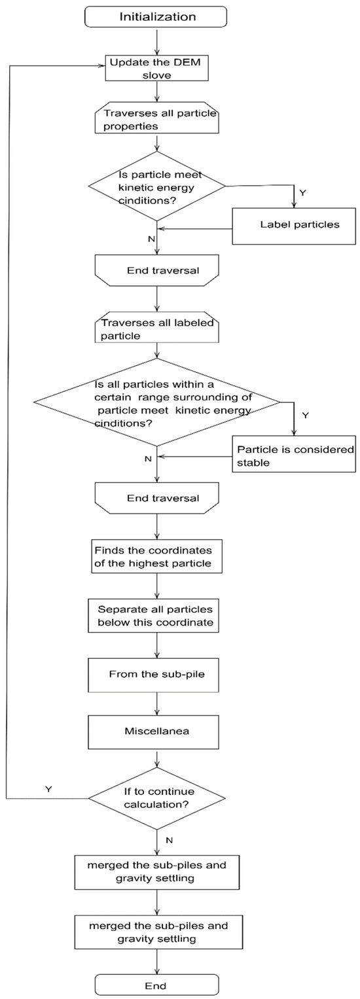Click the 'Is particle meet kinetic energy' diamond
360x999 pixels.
[x=156, y=186]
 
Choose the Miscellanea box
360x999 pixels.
[x=156, y=731]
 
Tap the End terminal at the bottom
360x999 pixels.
[x=156, y=985]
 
